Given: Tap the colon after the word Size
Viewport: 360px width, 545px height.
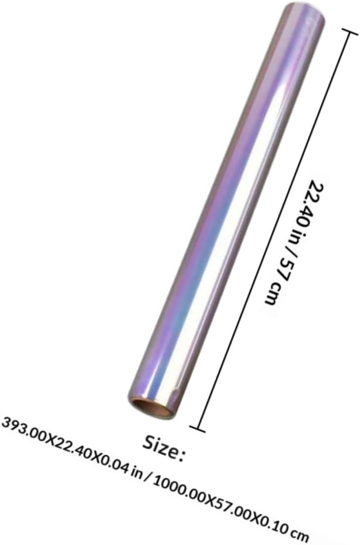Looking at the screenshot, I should (x=181, y=454).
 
